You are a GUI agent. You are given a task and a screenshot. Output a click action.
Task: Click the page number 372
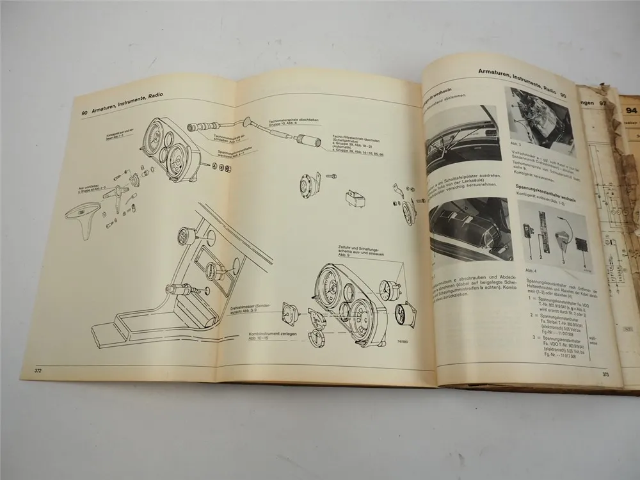click(x=30, y=371)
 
